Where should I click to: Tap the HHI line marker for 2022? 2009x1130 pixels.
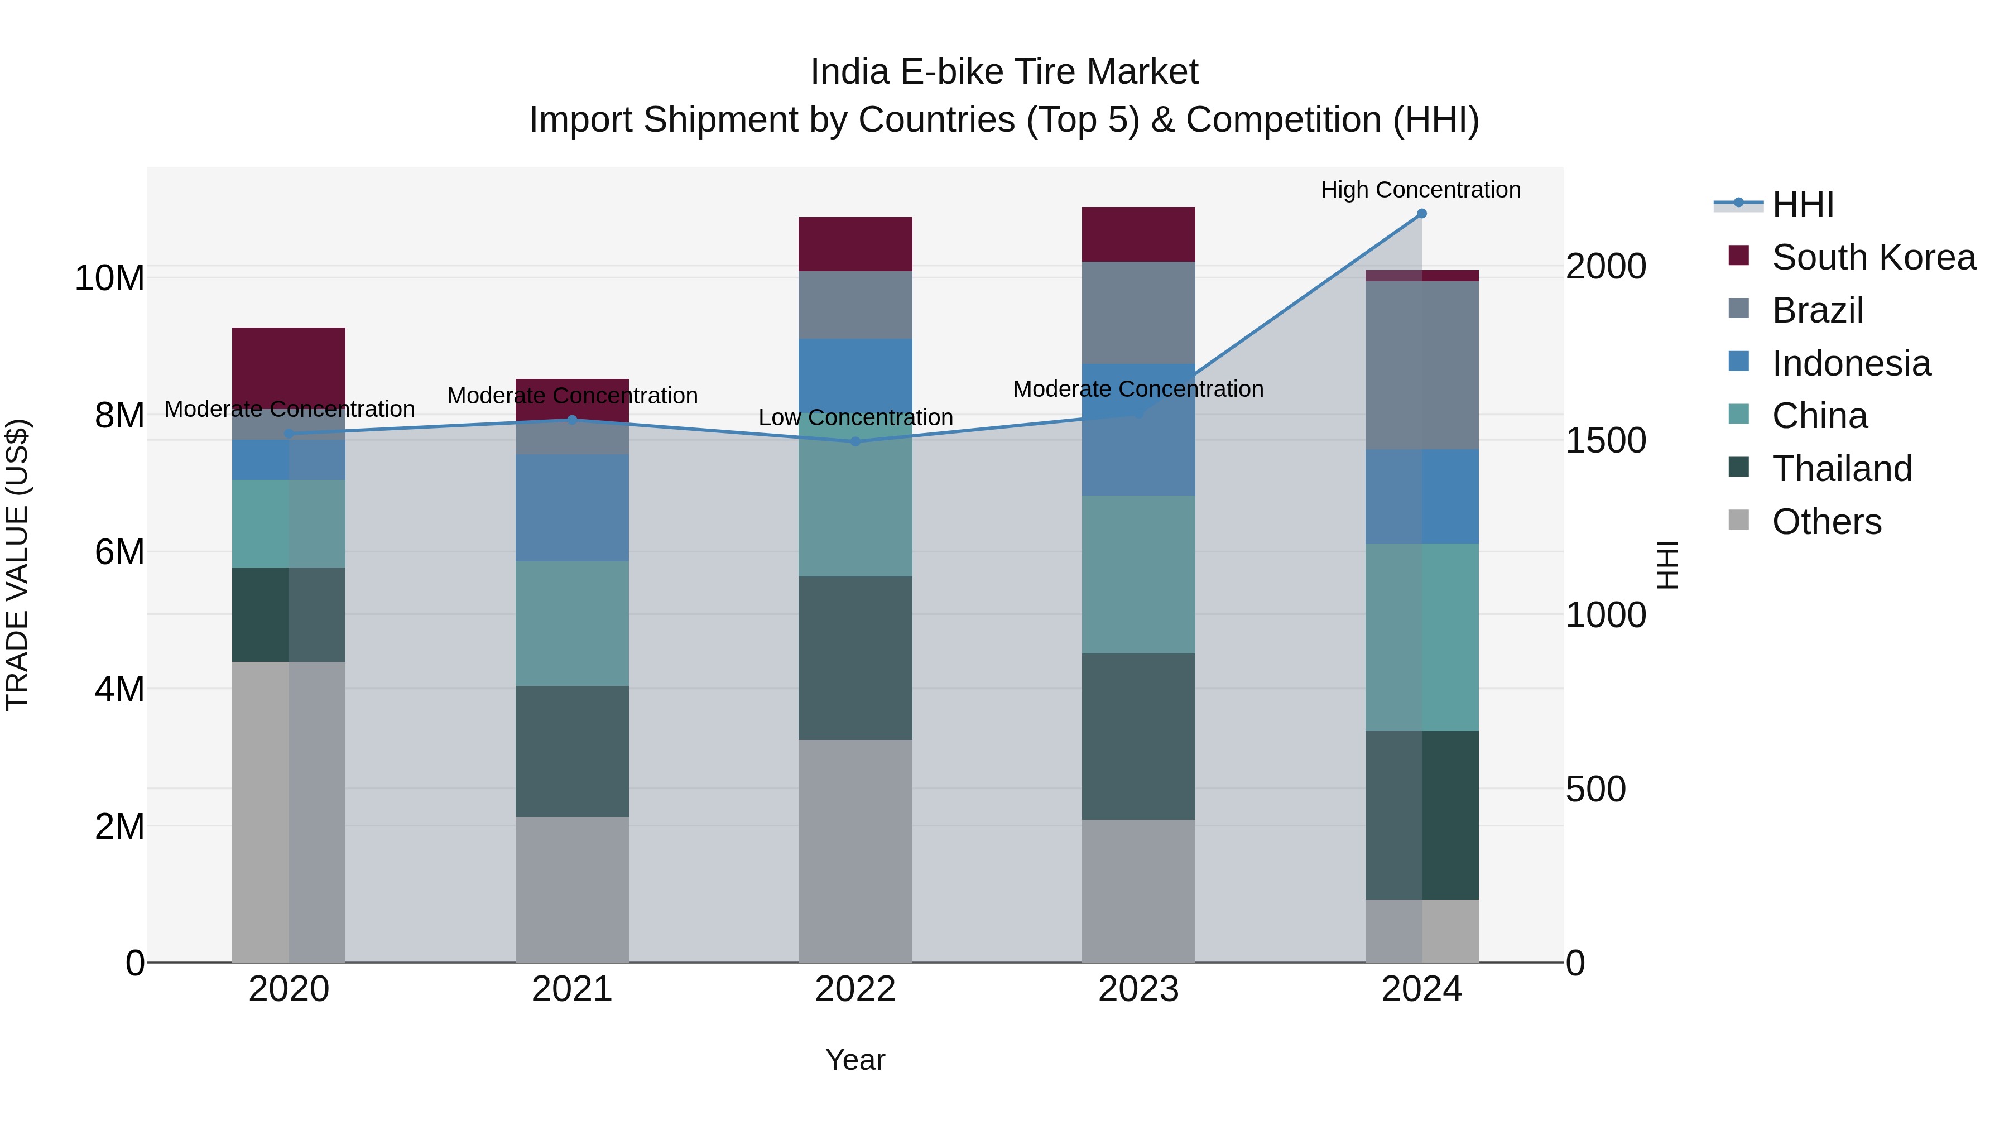tap(855, 441)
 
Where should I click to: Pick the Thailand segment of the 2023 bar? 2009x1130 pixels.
tap(1138, 736)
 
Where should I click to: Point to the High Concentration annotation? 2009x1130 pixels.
tap(1420, 190)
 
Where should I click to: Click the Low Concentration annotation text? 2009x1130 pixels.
tap(855, 418)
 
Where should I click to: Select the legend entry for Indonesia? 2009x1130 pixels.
tap(1850, 363)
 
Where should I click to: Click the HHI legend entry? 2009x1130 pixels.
tap(1801, 204)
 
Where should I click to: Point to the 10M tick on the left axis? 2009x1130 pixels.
tap(109, 278)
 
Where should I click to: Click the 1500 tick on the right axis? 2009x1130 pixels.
tap(1605, 441)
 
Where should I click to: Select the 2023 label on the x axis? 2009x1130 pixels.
tap(1138, 989)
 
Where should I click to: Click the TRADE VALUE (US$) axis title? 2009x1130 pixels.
tap(17, 565)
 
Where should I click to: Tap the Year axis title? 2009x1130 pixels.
tap(855, 1060)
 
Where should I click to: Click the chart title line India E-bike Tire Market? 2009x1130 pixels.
tap(1004, 72)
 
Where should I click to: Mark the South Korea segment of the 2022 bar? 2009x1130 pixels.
tap(855, 244)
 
